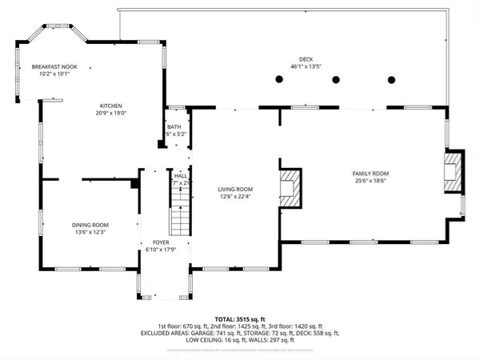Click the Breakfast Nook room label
(x=55, y=68)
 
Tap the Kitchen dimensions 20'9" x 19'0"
(x=111, y=113)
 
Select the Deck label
(x=306, y=58)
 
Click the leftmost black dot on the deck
(x=278, y=79)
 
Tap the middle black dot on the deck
(x=336, y=79)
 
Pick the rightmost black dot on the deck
(x=392, y=79)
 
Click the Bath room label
(x=174, y=127)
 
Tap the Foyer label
(x=161, y=240)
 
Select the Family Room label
(x=370, y=174)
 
